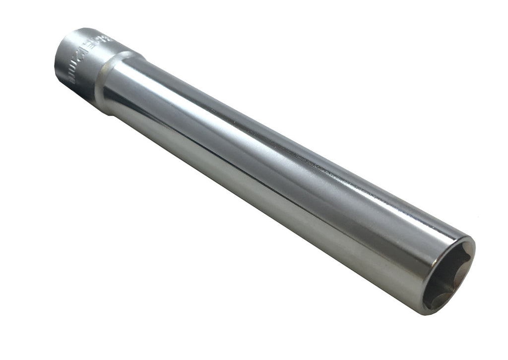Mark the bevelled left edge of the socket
(59, 64)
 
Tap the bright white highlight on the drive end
(74, 42)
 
